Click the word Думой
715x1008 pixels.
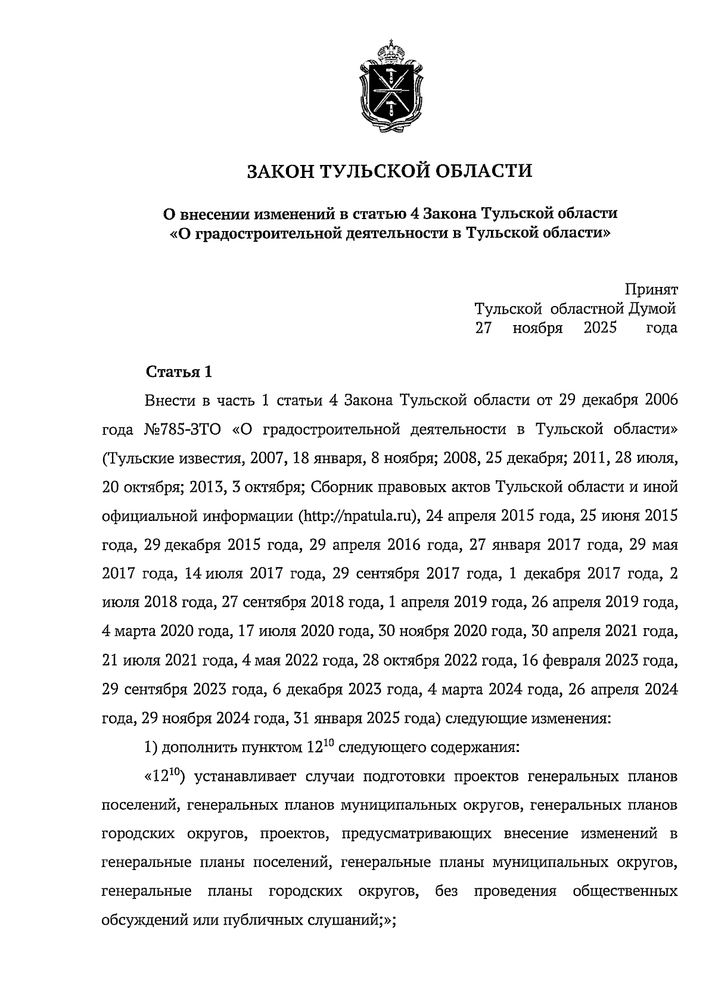pos(652,308)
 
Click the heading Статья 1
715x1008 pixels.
pos(179,373)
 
